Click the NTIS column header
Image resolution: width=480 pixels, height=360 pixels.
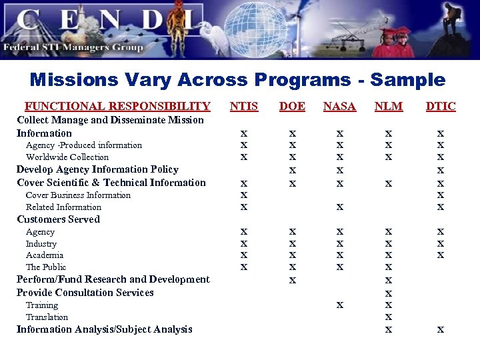point(243,106)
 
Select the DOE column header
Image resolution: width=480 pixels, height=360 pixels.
point(292,106)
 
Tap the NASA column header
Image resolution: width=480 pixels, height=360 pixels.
point(339,106)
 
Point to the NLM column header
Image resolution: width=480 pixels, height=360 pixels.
point(389,106)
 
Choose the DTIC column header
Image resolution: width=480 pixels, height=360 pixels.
point(440,106)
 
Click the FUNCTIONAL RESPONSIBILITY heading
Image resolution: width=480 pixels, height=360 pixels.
point(117,106)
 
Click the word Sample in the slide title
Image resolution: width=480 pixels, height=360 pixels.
point(407,80)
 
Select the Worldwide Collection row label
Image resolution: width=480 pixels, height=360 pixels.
point(67,157)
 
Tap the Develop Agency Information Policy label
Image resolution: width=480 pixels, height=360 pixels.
point(97,169)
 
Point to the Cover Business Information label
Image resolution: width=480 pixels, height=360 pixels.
point(78,195)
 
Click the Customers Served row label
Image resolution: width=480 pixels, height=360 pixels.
point(58,219)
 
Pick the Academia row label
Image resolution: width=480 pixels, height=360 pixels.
point(45,255)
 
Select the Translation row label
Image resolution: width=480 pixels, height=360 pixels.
point(47,317)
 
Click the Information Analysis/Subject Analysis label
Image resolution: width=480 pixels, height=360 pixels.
point(104,329)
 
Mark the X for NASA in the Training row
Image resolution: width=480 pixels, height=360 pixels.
point(340,305)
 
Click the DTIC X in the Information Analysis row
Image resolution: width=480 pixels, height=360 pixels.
point(440,329)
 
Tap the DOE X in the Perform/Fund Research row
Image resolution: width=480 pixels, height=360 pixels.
point(292,281)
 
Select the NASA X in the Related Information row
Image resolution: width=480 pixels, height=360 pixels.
point(340,207)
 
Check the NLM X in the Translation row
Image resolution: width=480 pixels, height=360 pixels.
point(389,317)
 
